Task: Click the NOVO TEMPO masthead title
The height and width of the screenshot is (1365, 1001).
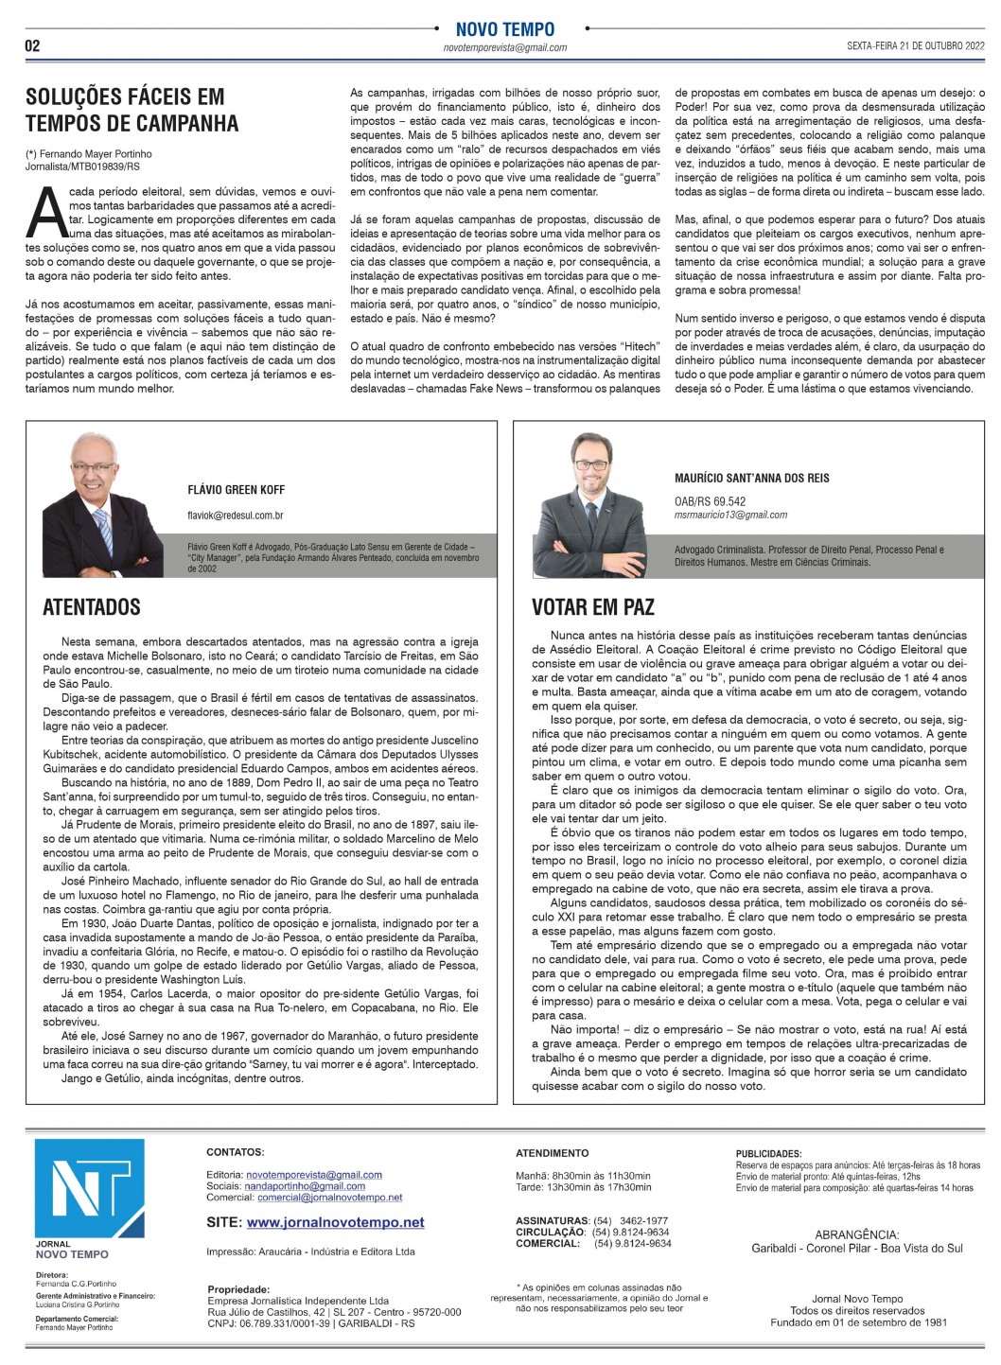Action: [505, 29]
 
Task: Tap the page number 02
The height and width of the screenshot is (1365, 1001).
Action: [32, 46]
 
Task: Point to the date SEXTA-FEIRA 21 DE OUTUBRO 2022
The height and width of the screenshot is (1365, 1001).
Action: [915, 46]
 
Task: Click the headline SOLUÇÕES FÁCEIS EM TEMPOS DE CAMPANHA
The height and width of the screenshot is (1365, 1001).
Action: [132, 110]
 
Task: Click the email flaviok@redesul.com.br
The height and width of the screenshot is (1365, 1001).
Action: [236, 516]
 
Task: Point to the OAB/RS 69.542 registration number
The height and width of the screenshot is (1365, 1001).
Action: [710, 501]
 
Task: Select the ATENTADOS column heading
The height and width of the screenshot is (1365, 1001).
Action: [92, 607]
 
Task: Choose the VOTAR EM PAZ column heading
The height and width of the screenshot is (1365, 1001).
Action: [593, 607]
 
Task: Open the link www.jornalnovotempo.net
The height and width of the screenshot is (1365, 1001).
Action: [335, 1222]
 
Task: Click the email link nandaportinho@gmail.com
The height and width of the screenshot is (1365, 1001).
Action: [305, 1186]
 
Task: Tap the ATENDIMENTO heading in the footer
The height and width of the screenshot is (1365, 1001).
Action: [552, 1153]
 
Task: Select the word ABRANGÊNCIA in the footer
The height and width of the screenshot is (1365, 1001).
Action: [857, 1234]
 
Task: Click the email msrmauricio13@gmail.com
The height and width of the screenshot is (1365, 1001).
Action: [730, 515]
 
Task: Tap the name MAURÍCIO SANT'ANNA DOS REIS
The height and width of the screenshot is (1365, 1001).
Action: [751, 479]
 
